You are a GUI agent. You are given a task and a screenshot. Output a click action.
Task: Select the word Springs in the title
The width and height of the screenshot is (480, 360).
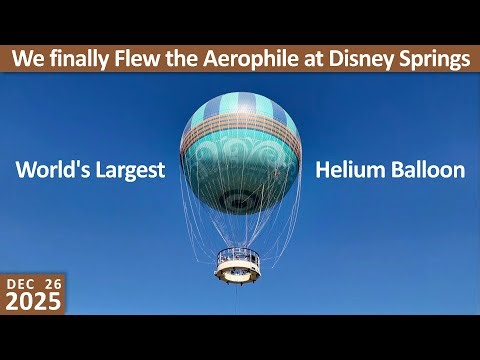441,59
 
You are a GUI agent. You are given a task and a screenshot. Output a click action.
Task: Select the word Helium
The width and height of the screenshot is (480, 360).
349,170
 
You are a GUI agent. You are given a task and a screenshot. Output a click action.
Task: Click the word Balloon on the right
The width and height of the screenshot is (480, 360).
425,170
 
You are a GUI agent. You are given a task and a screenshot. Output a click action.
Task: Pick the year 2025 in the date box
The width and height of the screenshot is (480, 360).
33,303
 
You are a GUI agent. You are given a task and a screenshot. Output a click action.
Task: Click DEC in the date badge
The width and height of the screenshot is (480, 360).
22,284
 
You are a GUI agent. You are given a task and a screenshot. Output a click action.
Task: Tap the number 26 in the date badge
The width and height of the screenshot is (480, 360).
52,284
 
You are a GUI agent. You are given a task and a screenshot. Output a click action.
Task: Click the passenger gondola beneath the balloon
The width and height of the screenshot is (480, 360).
239,263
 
